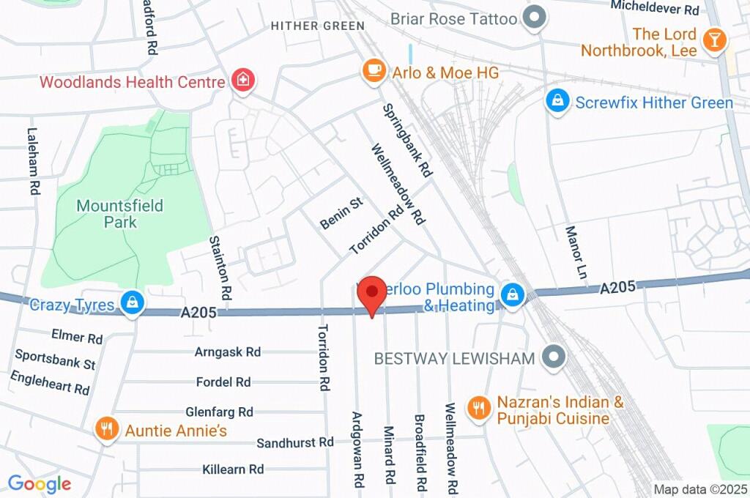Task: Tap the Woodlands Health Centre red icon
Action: click(x=242, y=80)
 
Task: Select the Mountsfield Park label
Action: click(x=119, y=213)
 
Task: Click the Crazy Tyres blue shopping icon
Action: click(x=133, y=302)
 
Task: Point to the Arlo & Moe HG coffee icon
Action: click(x=374, y=71)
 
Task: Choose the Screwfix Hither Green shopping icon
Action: click(x=558, y=101)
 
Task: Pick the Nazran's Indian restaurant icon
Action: click(x=479, y=408)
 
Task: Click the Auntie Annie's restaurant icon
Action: click(x=108, y=429)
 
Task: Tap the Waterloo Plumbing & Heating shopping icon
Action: click(x=511, y=295)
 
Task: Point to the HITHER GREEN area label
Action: click(x=317, y=26)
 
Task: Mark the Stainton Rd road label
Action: click(x=220, y=268)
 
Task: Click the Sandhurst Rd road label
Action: click(x=295, y=442)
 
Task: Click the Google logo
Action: click(x=39, y=483)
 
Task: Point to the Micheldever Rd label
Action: click(x=655, y=9)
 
